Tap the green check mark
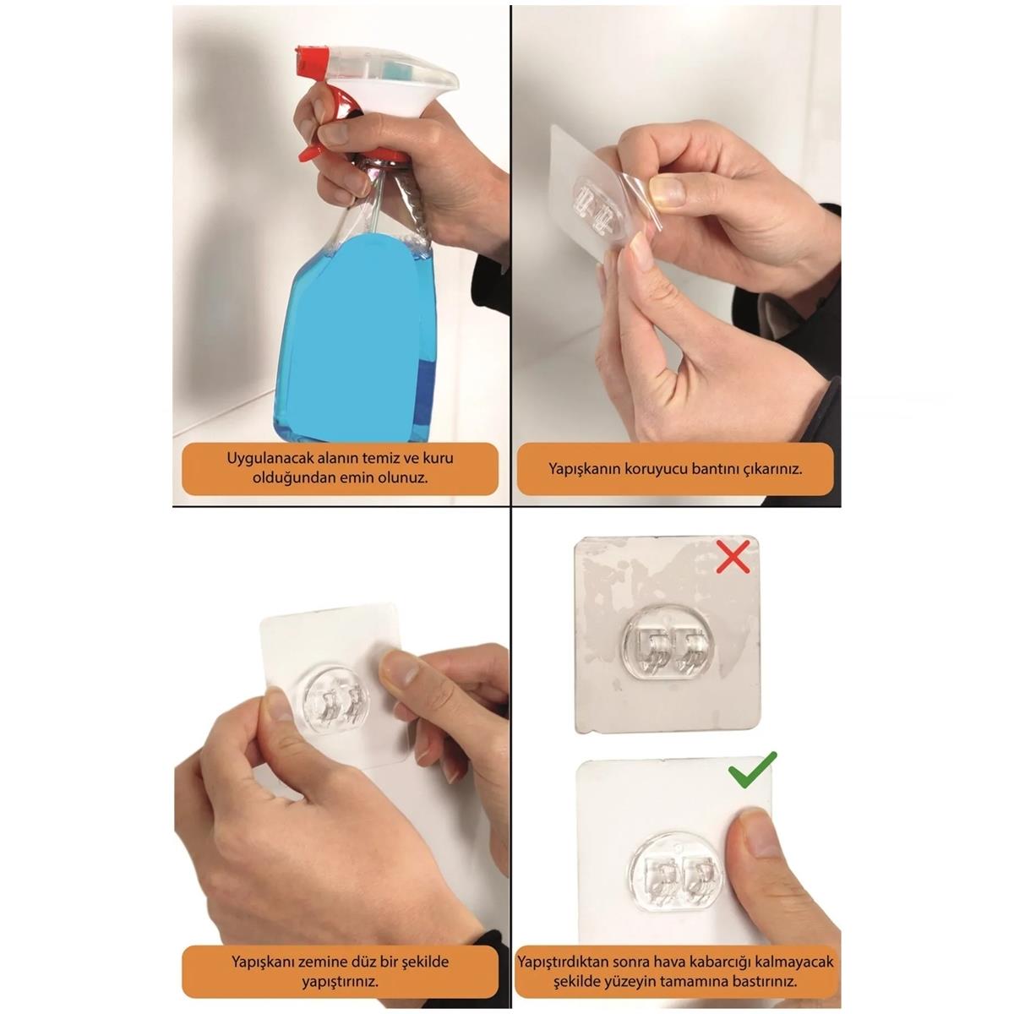coord(751,770)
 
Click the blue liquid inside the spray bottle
coord(355,338)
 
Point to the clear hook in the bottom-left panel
coord(335,701)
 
